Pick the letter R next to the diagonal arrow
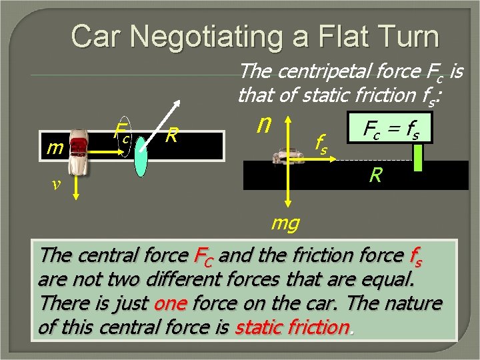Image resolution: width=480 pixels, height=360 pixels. pos(172,136)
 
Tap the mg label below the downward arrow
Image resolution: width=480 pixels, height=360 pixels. pos(285,223)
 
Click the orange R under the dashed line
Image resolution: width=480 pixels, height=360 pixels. pos(377,177)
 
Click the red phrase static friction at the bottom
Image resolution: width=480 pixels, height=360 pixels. pos(292,327)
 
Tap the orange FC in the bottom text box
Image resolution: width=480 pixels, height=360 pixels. pos(203,256)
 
